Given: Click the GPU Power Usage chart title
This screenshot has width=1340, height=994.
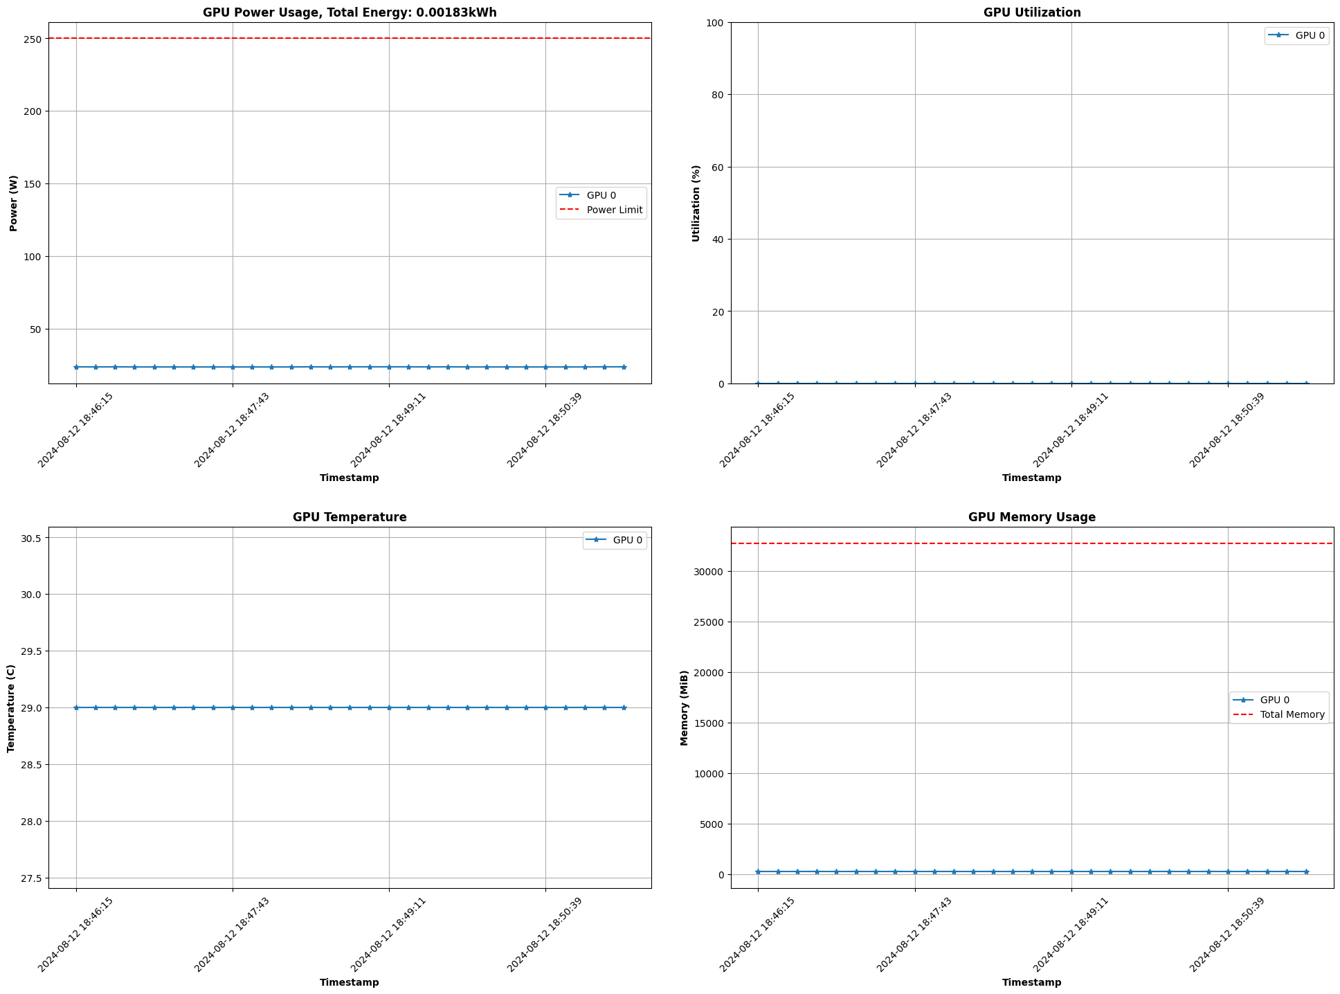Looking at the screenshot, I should (350, 12).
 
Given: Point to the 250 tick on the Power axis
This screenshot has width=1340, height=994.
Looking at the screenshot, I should (34, 38).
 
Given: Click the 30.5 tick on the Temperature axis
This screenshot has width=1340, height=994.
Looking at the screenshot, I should (30, 538).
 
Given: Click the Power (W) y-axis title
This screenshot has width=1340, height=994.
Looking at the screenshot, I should (13, 203).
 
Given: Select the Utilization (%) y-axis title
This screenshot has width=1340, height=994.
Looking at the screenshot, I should (696, 203).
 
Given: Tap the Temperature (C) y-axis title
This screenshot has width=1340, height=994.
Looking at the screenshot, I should (10, 708).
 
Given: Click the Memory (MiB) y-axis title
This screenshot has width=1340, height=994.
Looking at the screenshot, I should (685, 707).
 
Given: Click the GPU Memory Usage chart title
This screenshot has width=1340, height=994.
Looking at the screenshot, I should (1031, 517).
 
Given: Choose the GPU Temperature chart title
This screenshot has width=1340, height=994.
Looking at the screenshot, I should (350, 517).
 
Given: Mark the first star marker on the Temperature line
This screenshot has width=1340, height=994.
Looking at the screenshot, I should (76, 707).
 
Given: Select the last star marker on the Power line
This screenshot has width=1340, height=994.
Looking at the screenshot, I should (624, 367).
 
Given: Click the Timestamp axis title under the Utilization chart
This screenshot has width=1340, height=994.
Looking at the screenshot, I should (1031, 478).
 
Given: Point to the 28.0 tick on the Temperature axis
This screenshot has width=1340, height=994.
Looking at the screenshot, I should (30, 822).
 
